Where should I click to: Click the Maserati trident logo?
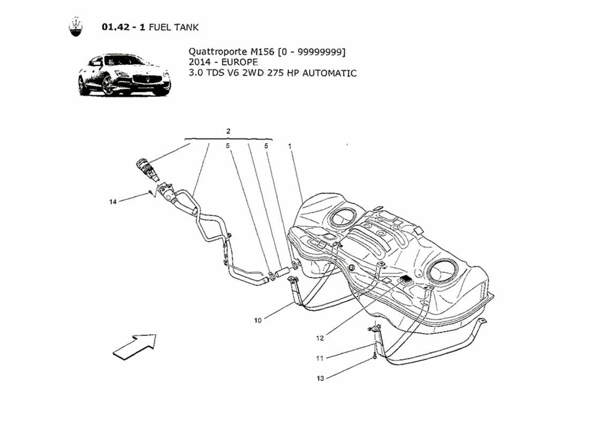point(77,27)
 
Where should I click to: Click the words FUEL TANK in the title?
point(174,27)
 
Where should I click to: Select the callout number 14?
point(112,202)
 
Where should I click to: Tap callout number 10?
point(258,320)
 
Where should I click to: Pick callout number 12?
point(320,338)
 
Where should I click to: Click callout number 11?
point(320,358)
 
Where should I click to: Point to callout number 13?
point(320,378)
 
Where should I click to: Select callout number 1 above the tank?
point(290,146)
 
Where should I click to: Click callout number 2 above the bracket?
point(228,131)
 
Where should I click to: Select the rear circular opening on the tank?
point(340,217)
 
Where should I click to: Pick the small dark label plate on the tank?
point(405,279)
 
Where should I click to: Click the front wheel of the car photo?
point(108,86)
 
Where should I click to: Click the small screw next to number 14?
point(151,192)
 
